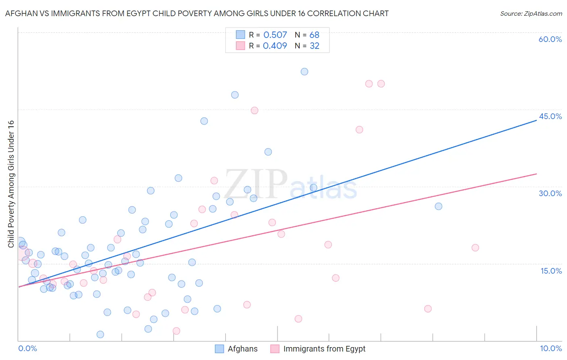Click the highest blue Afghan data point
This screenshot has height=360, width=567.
pyautogui.click(x=304, y=71)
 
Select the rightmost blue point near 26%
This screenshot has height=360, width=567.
pyautogui.click(x=438, y=206)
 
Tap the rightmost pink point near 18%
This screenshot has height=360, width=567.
pyautogui.click(x=475, y=247)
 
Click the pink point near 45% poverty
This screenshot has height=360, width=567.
pyautogui.click(x=254, y=110)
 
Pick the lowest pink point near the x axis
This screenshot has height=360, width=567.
pyautogui.click(x=176, y=331)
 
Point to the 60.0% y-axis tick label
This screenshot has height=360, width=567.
pyautogui.click(x=550, y=39)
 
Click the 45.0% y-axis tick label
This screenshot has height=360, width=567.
pyautogui.click(x=550, y=116)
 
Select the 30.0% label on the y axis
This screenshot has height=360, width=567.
pyautogui.click(x=550, y=193)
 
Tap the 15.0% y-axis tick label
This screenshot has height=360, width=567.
pyautogui.click(x=551, y=271)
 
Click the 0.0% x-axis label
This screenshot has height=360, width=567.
pyautogui.click(x=27, y=348)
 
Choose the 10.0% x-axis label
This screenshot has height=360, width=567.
pyautogui.click(x=550, y=348)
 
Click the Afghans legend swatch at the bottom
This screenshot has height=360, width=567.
pyautogui.click(x=219, y=349)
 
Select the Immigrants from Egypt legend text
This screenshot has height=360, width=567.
pyautogui.click(x=324, y=349)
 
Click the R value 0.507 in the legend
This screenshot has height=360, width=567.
pyautogui.click(x=275, y=35)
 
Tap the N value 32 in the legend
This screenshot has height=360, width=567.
pyautogui.click(x=315, y=46)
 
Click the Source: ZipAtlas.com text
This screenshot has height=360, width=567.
pyautogui.click(x=531, y=13)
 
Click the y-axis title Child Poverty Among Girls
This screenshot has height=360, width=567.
pyautogui.click(x=11, y=184)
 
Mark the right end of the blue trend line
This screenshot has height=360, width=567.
pyautogui.click(x=536, y=120)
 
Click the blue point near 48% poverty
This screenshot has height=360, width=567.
pyautogui.click(x=235, y=95)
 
